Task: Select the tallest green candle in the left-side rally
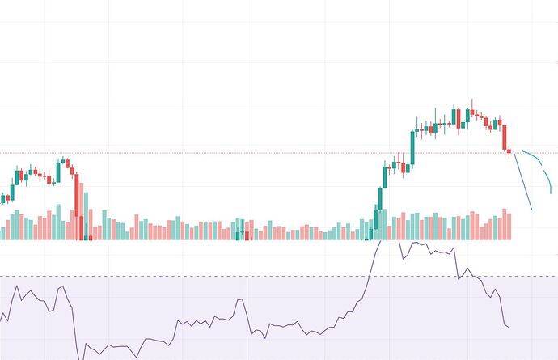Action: coord(59,172)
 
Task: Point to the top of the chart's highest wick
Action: coord(472,100)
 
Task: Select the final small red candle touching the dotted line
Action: coord(509,150)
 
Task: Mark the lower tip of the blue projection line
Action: coord(532,210)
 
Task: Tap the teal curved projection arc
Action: coord(543,165)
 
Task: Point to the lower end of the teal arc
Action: coord(552,193)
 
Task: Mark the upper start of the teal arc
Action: coord(522,151)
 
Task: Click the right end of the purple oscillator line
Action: coord(509,328)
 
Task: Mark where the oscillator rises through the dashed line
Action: coord(368,277)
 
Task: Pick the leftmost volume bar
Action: coord(2,228)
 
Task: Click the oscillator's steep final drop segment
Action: coord(501,311)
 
